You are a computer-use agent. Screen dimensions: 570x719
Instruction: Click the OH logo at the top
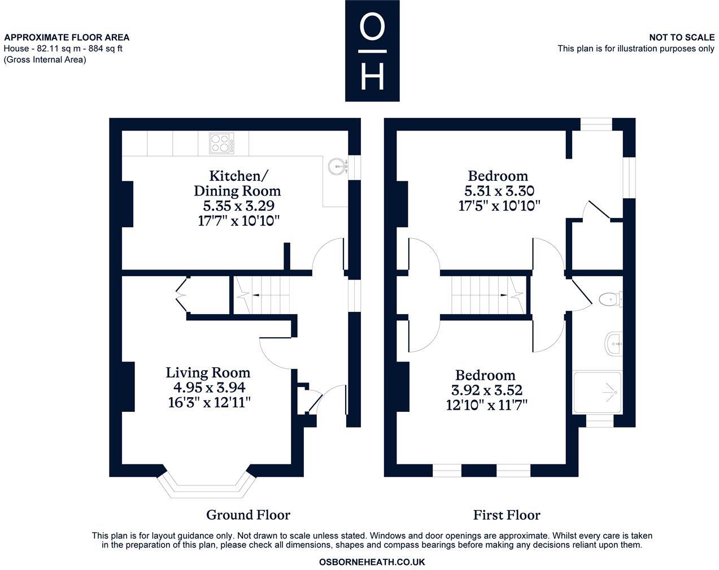372,51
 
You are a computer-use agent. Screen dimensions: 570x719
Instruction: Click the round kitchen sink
338,166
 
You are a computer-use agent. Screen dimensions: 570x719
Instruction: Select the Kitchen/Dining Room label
237,182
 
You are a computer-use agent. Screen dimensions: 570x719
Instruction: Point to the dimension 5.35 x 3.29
237,206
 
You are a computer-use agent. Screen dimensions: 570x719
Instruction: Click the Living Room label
208,372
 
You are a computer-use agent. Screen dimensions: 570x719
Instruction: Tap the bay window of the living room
206,486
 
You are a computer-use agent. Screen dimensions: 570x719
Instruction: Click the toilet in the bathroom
610,298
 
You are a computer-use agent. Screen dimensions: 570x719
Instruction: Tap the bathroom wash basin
615,342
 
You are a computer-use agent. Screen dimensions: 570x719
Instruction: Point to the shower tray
598,391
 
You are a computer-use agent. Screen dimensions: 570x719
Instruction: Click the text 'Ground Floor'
248,515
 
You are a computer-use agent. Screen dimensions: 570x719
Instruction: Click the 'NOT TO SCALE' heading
681,37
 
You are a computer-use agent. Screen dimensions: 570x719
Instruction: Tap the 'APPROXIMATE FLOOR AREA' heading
67,37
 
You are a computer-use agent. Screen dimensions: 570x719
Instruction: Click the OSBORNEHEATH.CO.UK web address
372,562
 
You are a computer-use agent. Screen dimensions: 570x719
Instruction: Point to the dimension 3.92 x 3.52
486,390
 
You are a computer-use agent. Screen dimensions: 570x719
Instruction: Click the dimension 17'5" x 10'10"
499,206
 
